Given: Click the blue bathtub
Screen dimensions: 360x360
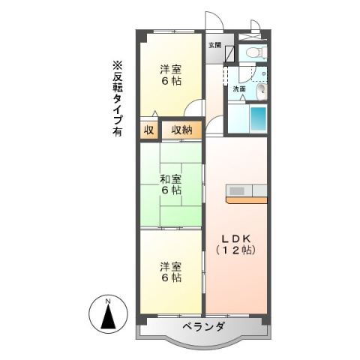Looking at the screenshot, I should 258,118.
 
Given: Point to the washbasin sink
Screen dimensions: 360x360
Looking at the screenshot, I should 260,91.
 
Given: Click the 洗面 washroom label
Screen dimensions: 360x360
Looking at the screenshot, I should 238,88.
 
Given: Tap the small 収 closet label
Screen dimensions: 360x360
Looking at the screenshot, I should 148,130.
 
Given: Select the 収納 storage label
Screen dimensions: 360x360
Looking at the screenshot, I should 181,130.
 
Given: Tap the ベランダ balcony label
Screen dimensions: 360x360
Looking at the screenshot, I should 202,327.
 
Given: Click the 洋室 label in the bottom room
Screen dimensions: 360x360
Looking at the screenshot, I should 170,265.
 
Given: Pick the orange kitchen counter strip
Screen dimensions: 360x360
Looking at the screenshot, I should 247,199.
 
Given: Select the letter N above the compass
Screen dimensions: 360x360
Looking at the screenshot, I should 107,301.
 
